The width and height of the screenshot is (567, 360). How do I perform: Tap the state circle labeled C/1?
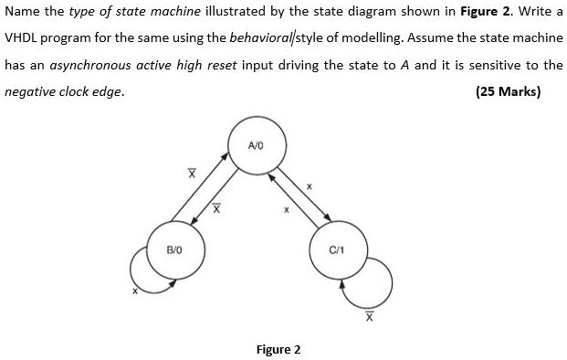[336, 249]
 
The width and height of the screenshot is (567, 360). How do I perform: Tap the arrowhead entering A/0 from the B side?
[228, 162]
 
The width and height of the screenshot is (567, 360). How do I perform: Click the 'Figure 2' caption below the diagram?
[278, 349]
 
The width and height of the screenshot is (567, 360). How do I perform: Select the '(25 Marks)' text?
[509, 91]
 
